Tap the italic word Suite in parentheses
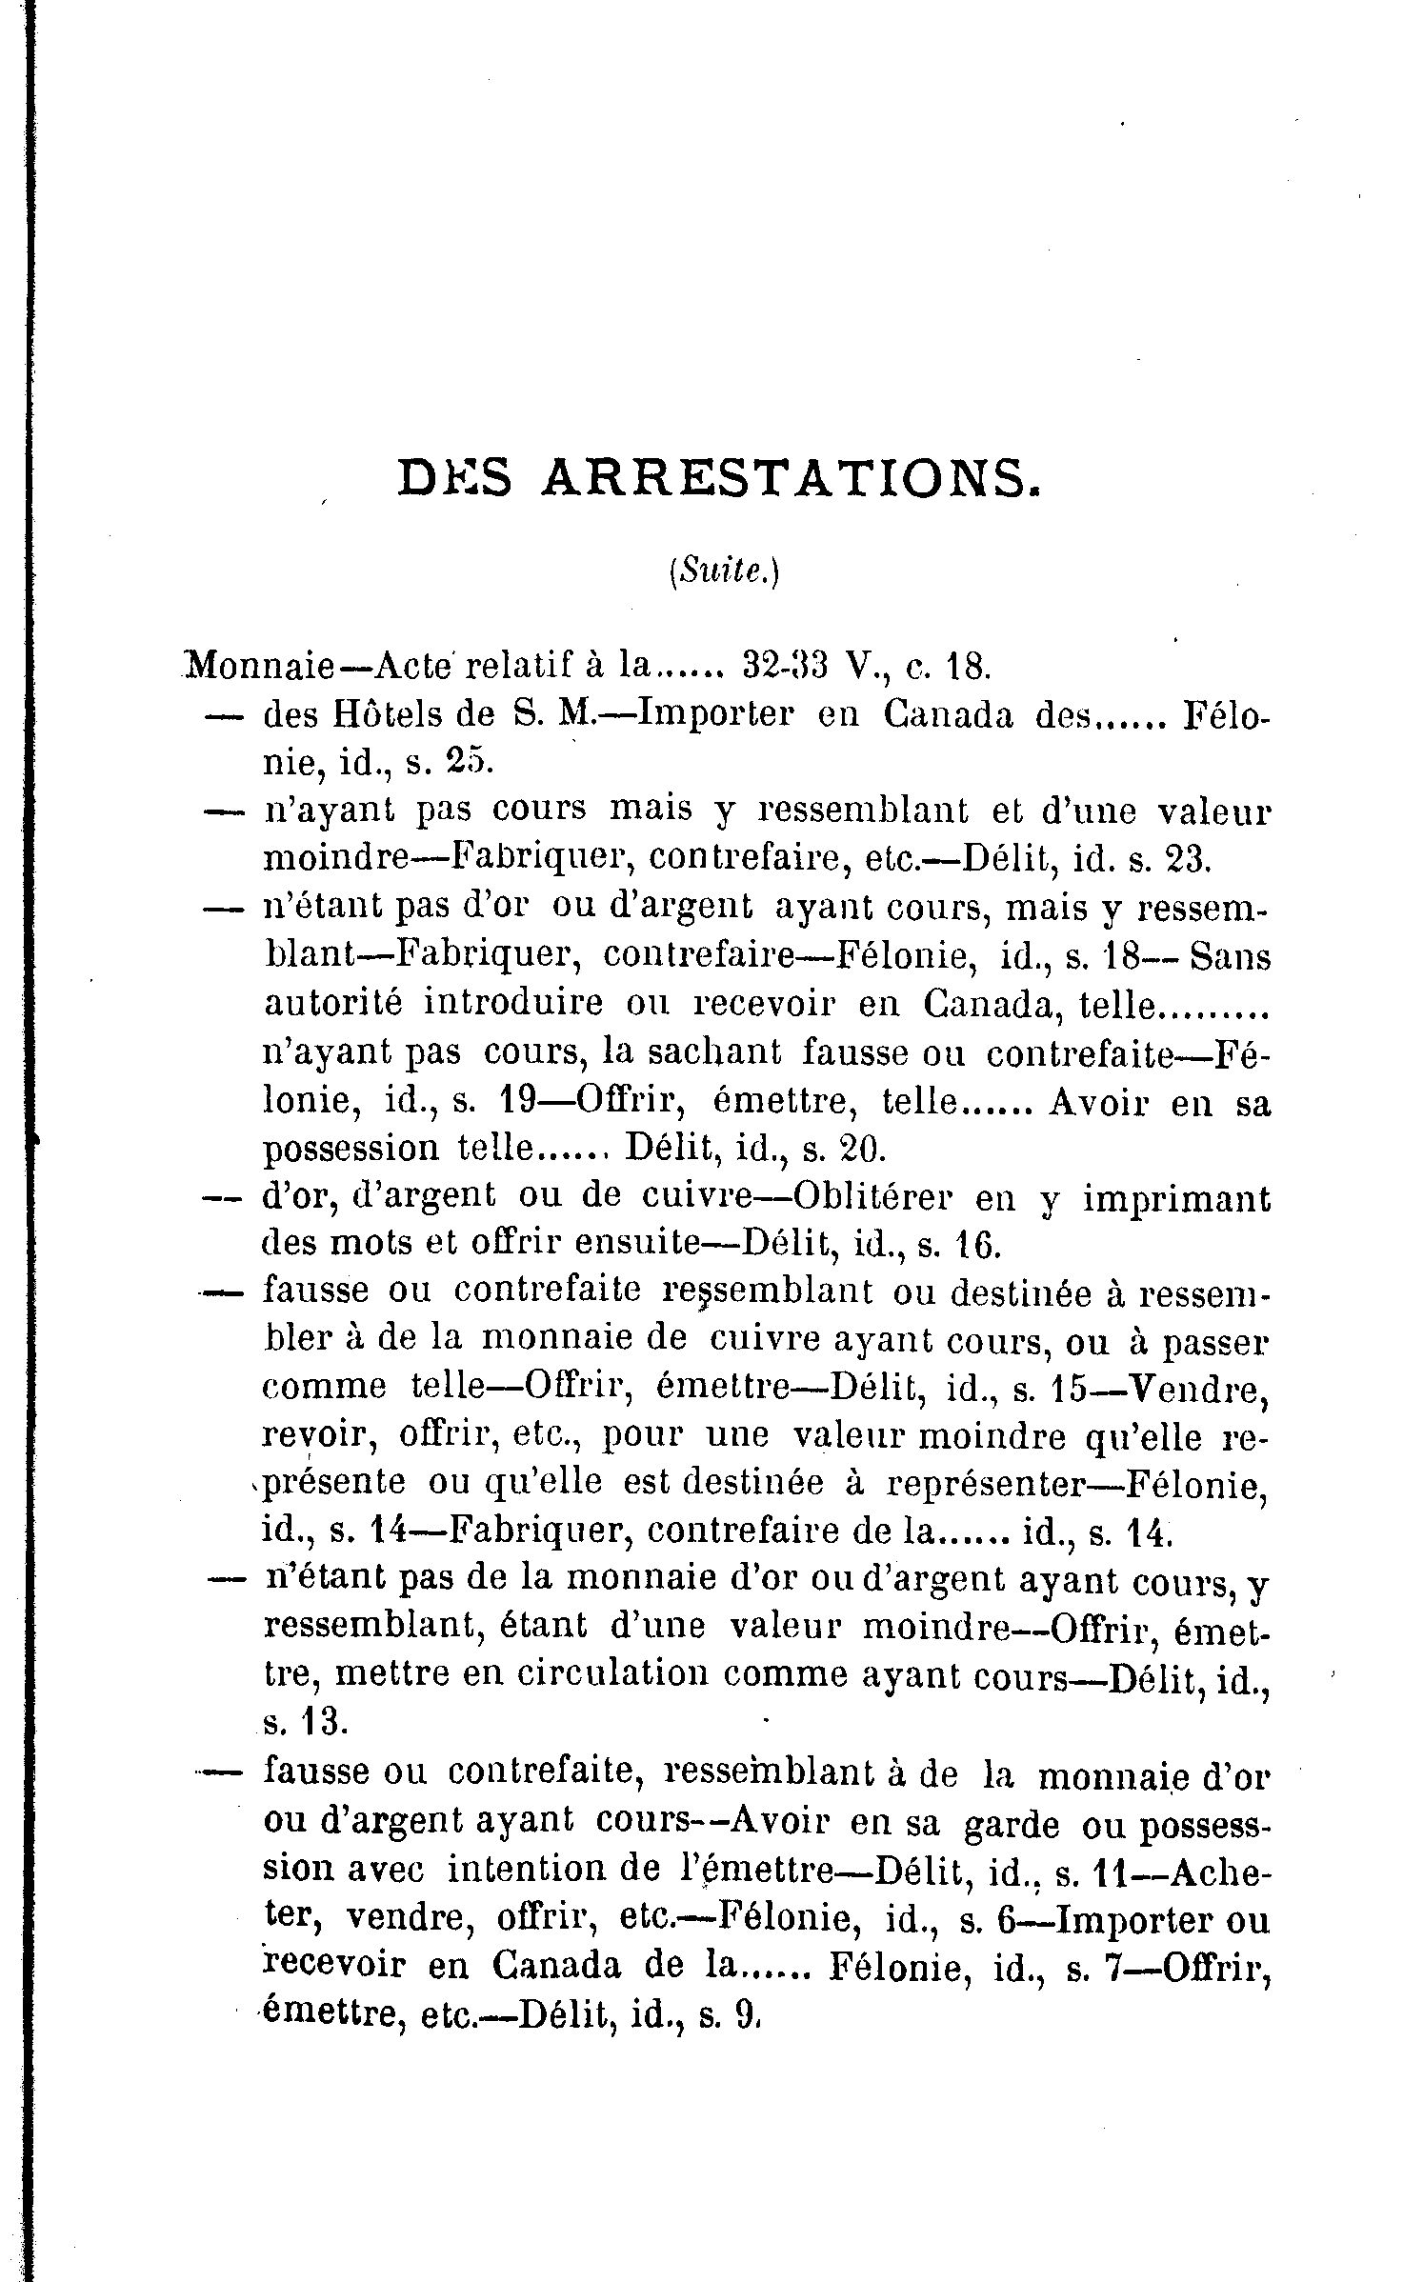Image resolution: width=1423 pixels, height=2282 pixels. click(x=724, y=572)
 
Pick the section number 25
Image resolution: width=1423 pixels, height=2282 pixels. click(x=466, y=762)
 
